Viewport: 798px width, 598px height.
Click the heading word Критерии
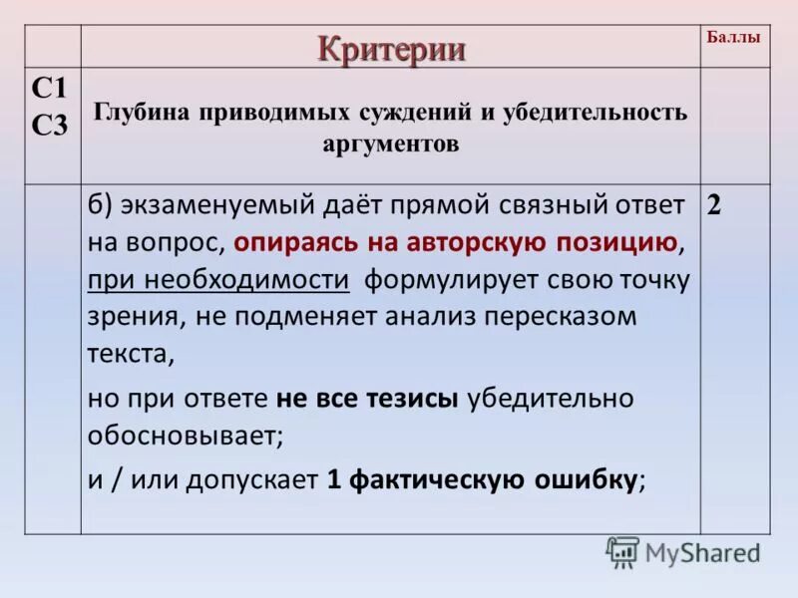392,48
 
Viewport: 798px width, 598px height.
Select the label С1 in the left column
49,89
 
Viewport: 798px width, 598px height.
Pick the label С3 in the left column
49,126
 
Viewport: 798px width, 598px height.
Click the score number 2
714,206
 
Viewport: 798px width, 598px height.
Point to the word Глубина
137,112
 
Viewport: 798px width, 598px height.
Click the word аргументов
391,144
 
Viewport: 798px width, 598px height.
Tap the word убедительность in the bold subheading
593,112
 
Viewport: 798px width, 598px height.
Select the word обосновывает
185,436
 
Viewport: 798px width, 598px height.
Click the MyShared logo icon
622,552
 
